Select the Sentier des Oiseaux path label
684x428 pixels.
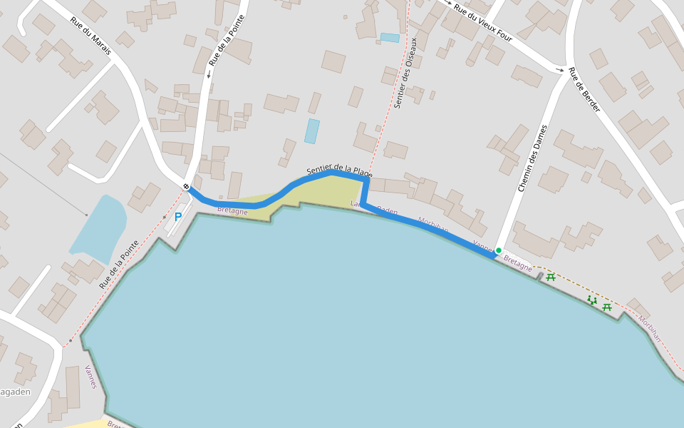tap(405, 82)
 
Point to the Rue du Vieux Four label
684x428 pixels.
tap(484, 24)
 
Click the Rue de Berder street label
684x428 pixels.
tap(584, 91)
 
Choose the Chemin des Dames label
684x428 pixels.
tap(532, 158)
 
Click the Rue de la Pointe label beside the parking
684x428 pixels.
tap(118, 264)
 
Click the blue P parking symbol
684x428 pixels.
tap(178, 217)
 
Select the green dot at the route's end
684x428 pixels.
tap(499, 250)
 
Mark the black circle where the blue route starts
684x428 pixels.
tap(186, 187)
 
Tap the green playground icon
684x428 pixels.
tap(592, 300)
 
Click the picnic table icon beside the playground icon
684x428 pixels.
tap(607, 307)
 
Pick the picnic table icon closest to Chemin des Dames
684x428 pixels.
tap(550, 277)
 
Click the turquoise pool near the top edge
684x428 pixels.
tap(390, 37)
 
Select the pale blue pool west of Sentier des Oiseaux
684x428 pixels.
tap(312, 131)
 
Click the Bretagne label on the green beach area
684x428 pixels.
tap(232, 211)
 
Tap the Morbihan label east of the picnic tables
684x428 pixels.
tap(649, 328)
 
